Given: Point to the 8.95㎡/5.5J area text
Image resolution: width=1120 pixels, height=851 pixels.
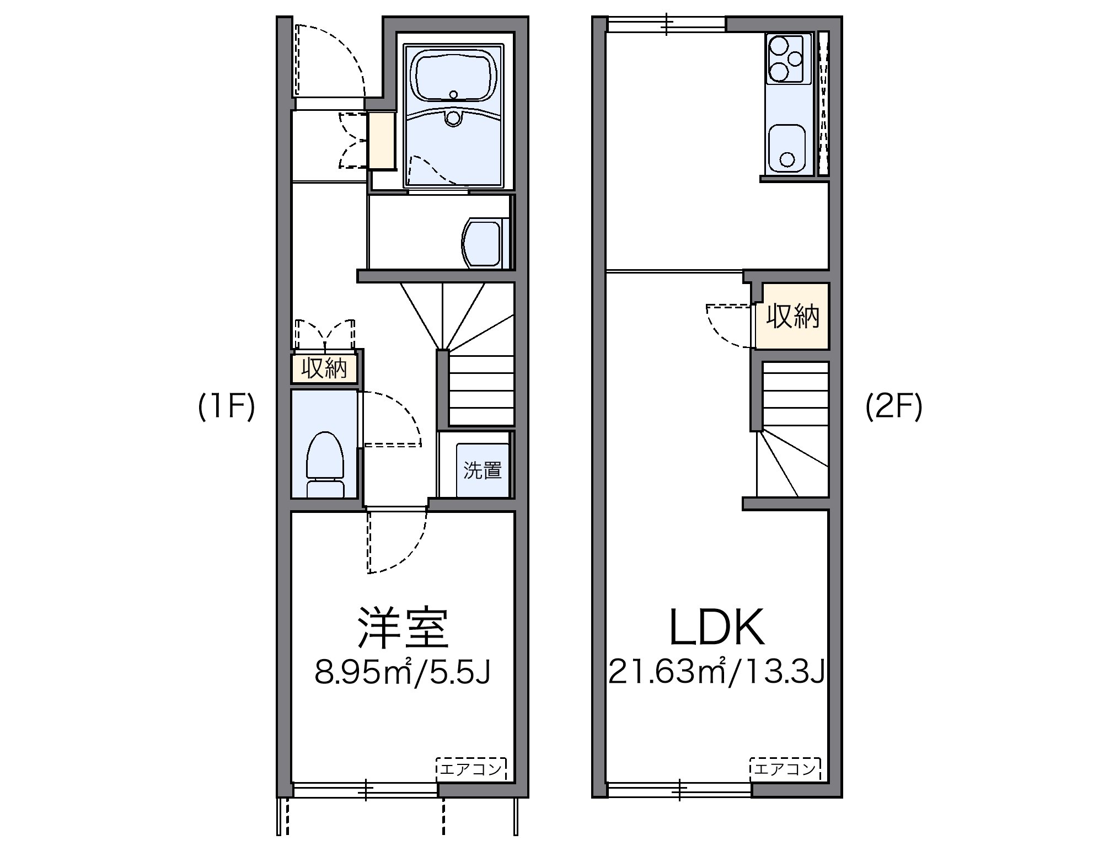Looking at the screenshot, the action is [403, 672].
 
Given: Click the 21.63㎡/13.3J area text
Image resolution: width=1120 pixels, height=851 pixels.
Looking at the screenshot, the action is [716, 672].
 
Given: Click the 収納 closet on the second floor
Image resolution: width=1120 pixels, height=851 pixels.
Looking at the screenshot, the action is [792, 316].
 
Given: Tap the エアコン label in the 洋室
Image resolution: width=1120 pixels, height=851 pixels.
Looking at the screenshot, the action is [471, 768].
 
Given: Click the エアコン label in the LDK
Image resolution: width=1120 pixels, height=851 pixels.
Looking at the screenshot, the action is [785, 768].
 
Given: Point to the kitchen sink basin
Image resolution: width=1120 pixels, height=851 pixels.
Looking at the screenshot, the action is [787, 148].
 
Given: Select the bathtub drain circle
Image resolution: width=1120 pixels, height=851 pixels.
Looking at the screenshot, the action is [453, 95].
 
